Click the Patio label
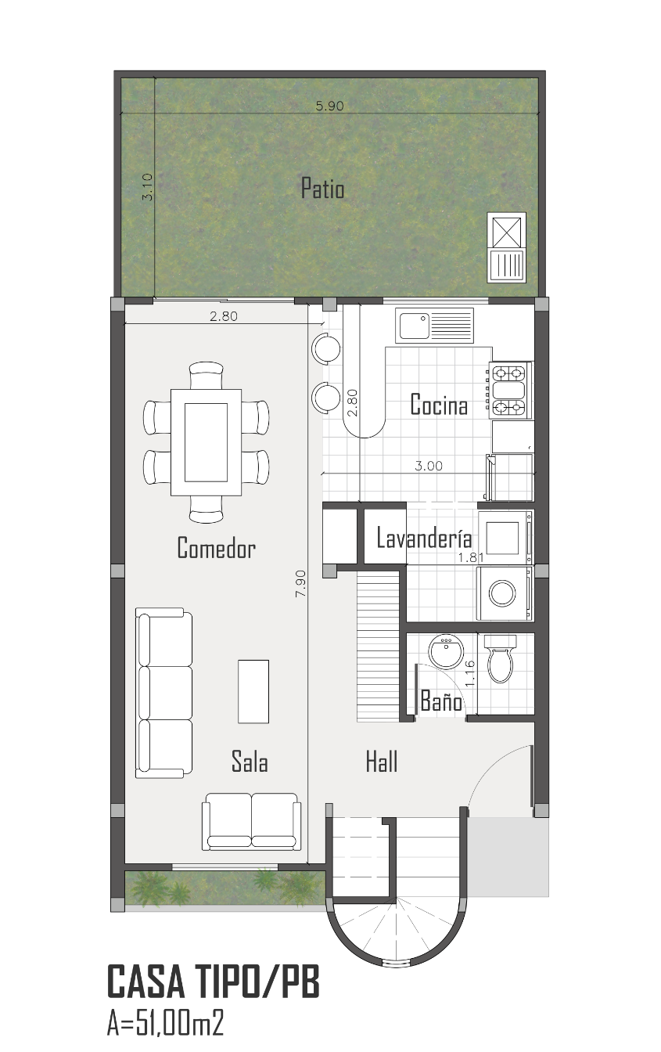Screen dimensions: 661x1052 322,189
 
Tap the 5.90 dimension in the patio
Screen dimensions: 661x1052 329,106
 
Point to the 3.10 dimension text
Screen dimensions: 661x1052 147,187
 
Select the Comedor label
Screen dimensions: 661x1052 217,548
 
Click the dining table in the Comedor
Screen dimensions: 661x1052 206,442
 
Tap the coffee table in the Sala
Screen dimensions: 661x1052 253,691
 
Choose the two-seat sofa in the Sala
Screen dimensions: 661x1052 252,821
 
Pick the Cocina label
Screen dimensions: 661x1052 439,405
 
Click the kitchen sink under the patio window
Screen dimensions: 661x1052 434,326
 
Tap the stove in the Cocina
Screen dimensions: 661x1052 510,391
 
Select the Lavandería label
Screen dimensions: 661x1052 425,539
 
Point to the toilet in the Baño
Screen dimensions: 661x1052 501,658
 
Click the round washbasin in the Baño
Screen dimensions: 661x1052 446,651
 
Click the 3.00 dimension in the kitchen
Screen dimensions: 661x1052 429,466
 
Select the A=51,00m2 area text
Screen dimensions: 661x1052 165,1024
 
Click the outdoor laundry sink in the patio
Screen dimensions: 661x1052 507,247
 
